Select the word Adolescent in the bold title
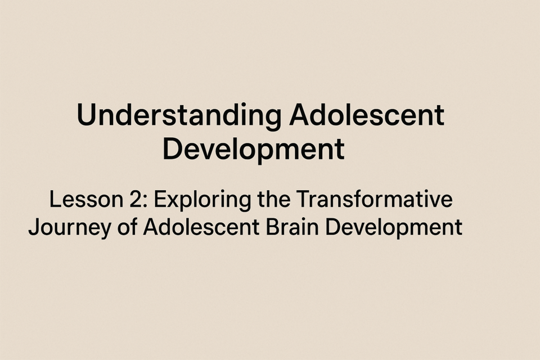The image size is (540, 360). tap(367, 115)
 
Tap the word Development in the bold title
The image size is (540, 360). tap(254, 150)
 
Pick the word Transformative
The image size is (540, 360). tap(375, 200)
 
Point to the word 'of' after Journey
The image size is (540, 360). tap(127, 227)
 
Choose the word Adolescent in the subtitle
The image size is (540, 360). tap(201, 227)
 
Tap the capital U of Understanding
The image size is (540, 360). tap(87, 115)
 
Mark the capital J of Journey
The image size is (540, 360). tap(33, 227)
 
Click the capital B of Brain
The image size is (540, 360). tap(272, 227)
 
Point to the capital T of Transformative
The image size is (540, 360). tap(303, 200)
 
